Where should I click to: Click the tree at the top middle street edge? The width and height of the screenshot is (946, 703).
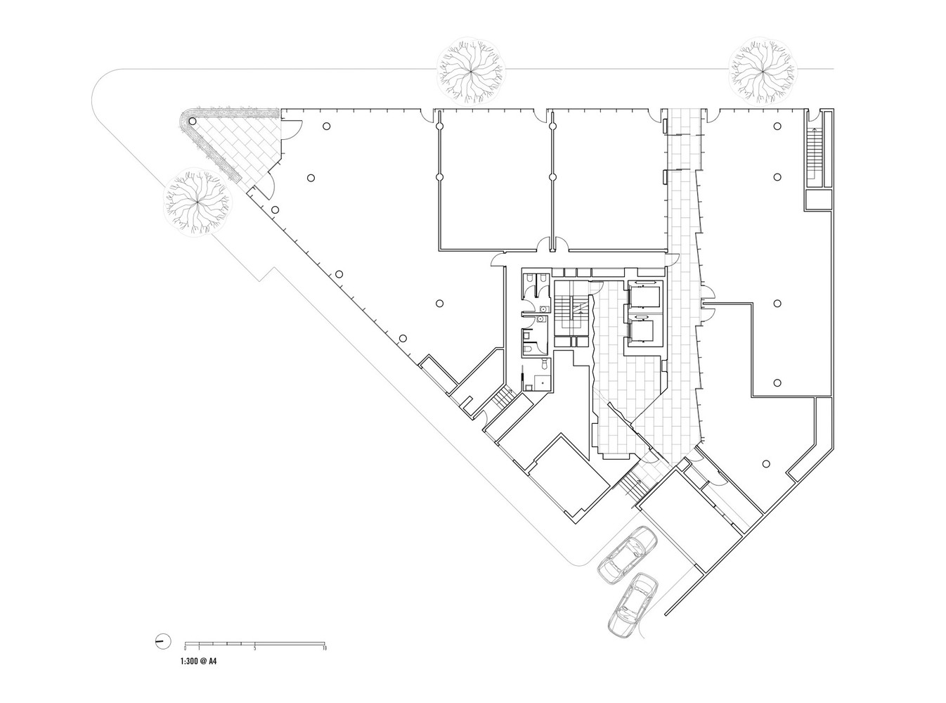tap(471, 70)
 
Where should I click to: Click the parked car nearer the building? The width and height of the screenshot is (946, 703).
tap(628, 554)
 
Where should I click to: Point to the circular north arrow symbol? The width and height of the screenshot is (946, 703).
tap(162, 640)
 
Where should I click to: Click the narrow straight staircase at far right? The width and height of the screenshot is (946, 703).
tap(815, 150)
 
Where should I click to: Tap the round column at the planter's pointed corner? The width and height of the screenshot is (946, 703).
tap(193, 122)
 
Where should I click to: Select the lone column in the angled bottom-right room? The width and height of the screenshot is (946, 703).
tap(766, 463)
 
